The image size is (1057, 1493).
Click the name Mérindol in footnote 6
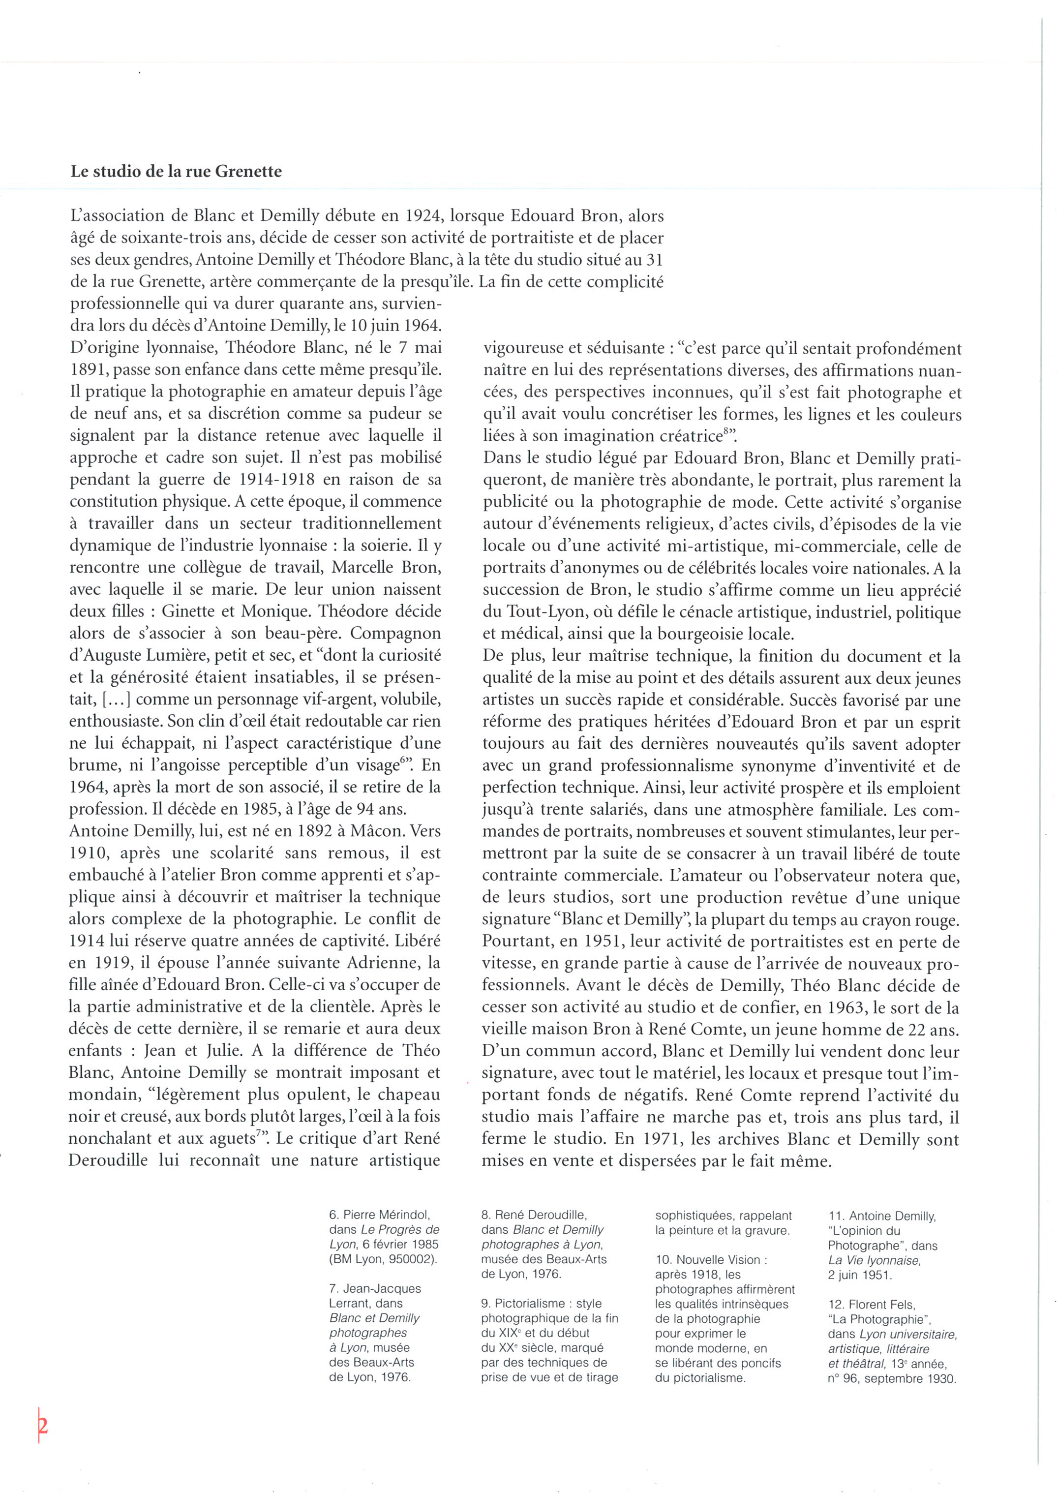click(403, 1215)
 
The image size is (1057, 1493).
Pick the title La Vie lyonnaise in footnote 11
click(874, 1261)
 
